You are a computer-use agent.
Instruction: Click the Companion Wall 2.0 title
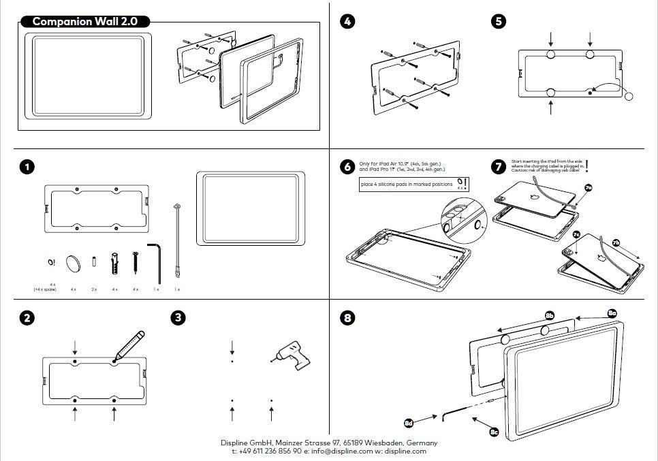pyautogui.click(x=85, y=22)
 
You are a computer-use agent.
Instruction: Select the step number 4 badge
pyautogui.click(x=347, y=22)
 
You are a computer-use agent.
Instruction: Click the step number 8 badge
pyautogui.click(x=347, y=317)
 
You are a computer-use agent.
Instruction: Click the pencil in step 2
pyautogui.click(x=129, y=345)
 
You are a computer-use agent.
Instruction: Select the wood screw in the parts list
pyautogui.click(x=136, y=262)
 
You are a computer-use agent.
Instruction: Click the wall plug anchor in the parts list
pyautogui.click(x=115, y=263)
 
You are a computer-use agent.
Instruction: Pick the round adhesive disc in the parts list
pyautogui.click(x=73, y=263)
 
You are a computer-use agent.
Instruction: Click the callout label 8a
pyautogui.click(x=612, y=312)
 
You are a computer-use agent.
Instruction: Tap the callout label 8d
pyautogui.click(x=409, y=422)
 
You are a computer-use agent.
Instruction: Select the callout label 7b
pyautogui.click(x=616, y=242)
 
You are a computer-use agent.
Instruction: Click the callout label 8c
pyautogui.click(x=494, y=431)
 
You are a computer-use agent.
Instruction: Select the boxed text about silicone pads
pyautogui.click(x=407, y=185)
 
